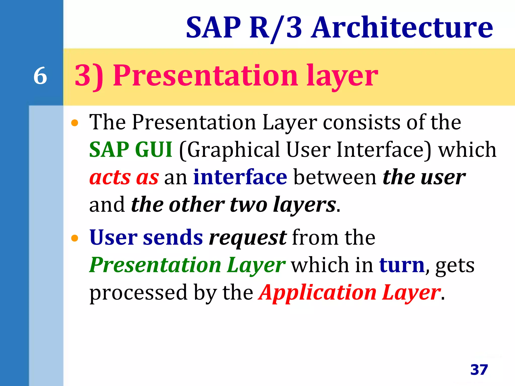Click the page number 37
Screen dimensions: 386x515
(479, 370)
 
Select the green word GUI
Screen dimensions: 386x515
(154, 150)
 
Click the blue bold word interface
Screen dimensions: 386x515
(240, 177)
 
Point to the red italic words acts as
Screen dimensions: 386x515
(124, 177)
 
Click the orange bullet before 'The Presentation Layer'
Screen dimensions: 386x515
(75, 123)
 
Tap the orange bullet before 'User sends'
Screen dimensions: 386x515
(75, 238)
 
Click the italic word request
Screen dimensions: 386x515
(247, 238)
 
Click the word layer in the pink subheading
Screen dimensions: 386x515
(342, 75)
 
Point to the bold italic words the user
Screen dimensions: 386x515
(424, 177)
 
